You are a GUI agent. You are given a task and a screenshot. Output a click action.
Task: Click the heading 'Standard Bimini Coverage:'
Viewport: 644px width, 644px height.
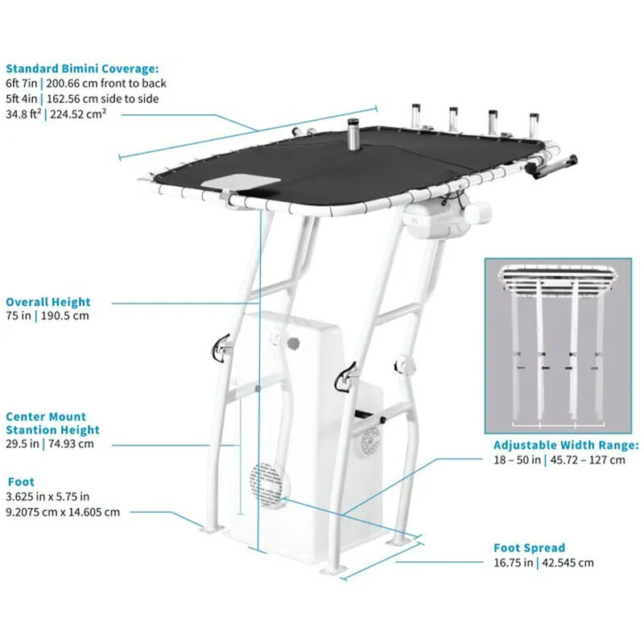(82, 68)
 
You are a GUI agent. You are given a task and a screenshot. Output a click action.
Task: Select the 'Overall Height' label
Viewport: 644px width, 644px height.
(48, 302)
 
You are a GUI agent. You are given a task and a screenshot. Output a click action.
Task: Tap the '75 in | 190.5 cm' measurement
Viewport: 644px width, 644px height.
(47, 316)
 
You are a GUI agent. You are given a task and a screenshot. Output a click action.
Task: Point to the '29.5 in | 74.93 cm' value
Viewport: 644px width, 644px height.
(50, 444)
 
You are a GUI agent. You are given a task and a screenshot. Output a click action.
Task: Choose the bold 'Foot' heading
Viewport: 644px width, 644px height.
(20, 481)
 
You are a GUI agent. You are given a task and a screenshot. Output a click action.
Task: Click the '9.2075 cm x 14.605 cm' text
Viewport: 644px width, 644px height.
(63, 511)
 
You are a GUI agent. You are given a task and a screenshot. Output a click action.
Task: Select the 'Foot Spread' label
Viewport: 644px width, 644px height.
(529, 547)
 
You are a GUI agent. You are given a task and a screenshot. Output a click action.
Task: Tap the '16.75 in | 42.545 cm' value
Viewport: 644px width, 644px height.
(543, 563)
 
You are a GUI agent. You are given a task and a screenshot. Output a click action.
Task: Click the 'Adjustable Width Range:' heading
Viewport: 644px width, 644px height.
(566, 444)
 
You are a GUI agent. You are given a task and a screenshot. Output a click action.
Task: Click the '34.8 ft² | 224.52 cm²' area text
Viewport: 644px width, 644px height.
(56, 114)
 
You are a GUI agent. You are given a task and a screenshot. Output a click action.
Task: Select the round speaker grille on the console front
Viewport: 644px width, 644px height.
(266, 485)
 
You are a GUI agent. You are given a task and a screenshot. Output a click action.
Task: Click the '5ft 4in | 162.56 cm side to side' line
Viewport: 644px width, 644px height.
(82, 98)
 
